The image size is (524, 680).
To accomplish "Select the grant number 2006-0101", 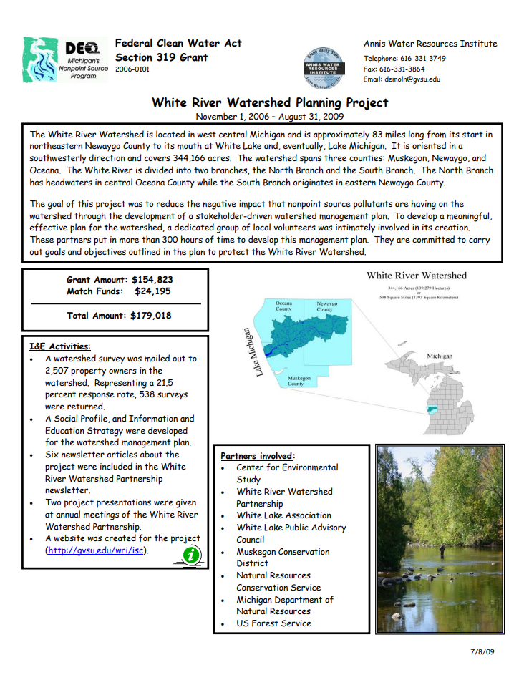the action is (x=132, y=70).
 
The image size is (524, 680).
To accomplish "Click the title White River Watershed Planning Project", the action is (x=270, y=102).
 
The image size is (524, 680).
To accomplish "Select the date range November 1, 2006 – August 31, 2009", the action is (x=270, y=116).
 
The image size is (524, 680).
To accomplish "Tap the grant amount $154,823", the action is (x=152, y=280).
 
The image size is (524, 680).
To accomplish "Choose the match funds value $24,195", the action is (x=154, y=291).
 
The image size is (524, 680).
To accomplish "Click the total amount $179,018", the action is (x=150, y=315).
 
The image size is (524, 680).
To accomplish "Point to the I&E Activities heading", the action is (x=60, y=346).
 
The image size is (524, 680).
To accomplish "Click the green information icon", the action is (x=192, y=554).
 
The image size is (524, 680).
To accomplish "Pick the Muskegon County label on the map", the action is (x=296, y=380).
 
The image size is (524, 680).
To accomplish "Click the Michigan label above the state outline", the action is (x=439, y=356).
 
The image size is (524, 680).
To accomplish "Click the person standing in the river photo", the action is (x=442, y=550).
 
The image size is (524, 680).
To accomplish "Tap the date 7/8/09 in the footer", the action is (x=482, y=651).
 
